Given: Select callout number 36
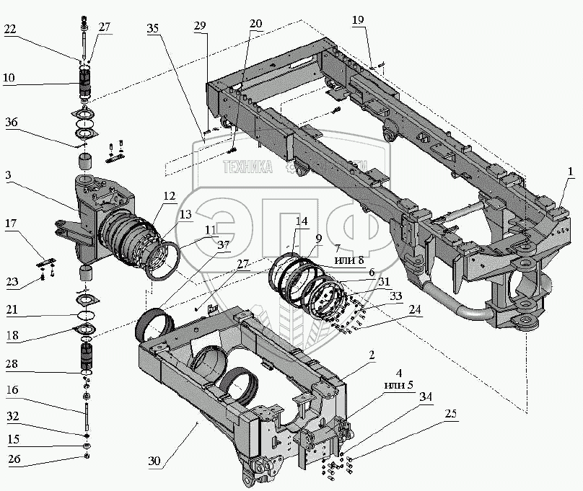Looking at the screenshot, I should (9, 123).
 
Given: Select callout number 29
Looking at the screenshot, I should (200, 27).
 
